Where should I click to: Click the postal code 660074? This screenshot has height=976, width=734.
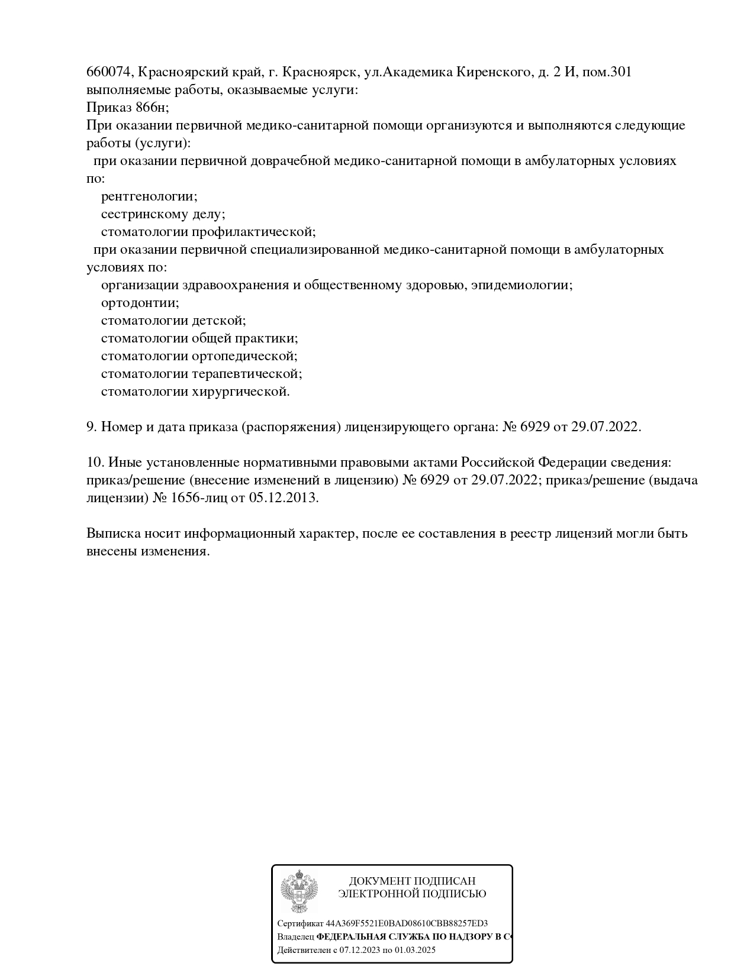click(x=110, y=72)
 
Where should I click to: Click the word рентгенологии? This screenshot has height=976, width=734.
click(x=149, y=196)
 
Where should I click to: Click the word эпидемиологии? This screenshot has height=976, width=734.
click(x=525, y=285)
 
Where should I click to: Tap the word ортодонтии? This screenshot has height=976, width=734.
click(x=140, y=303)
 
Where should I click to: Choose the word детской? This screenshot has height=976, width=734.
click(x=218, y=321)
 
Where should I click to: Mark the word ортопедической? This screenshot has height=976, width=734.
click(x=244, y=356)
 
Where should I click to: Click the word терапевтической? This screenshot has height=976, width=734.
click(x=247, y=374)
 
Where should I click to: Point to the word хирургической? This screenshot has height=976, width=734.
click(x=240, y=392)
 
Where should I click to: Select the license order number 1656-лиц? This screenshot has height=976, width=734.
click(x=198, y=498)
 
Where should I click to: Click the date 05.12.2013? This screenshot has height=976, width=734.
click(x=284, y=498)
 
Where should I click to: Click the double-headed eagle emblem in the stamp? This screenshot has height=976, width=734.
click(x=299, y=893)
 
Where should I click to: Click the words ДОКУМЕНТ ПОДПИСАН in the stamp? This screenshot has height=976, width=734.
click(x=412, y=881)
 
